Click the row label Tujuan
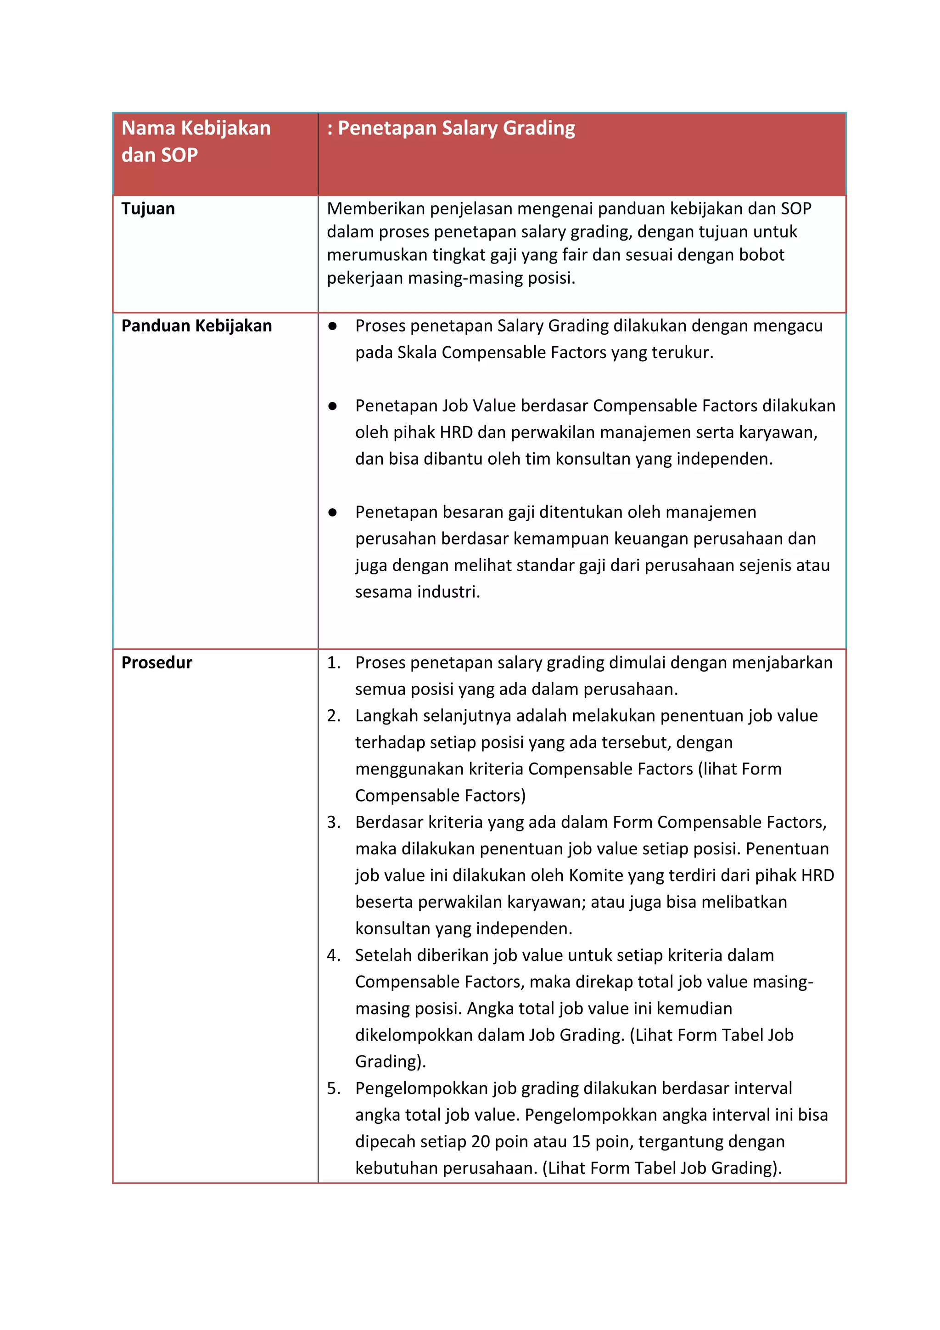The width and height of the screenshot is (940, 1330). tap(148, 208)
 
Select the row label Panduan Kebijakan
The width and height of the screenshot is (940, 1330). tap(196, 325)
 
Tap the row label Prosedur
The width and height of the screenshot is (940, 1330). tap(157, 662)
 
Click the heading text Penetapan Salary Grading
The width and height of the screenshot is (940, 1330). tap(456, 128)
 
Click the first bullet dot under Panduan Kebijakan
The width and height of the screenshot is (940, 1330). tap(332, 326)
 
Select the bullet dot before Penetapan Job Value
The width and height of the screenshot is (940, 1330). tap(332, 406)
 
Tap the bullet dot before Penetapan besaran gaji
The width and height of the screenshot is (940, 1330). tap(332, 513)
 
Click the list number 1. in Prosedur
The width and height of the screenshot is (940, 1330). tap(333, 662)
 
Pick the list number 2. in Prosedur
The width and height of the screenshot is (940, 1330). tap(333, 716)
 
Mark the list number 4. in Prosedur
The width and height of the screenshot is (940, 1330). tap(333, 955)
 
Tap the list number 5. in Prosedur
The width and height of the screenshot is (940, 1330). tap(333, 1089)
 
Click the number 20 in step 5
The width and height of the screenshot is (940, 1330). tap(481, 1142)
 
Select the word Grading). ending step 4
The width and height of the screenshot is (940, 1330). tap(390, 1062)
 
